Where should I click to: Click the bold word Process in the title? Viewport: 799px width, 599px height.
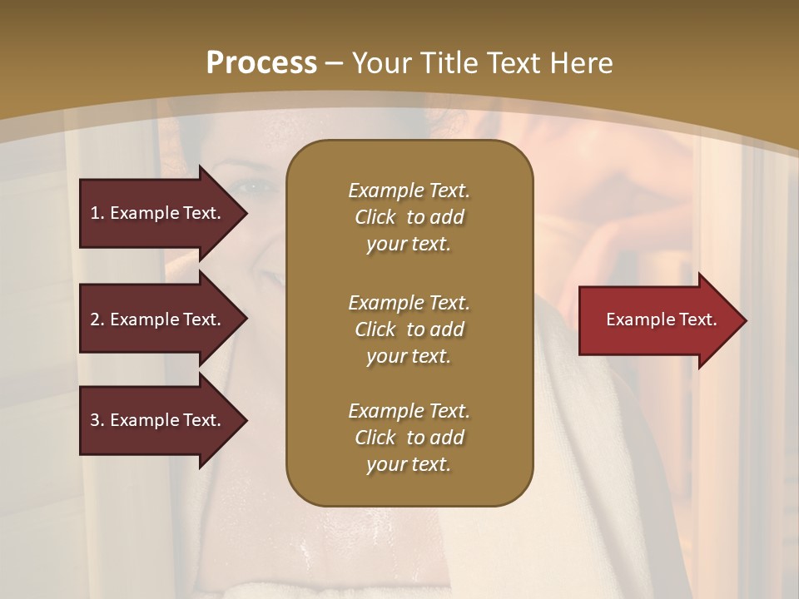pyautogui.click(x=261, y=63)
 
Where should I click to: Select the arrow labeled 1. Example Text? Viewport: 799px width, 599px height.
pyautogui.click(x=158, y=213)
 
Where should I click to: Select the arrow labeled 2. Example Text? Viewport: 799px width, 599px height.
pyautogui.click(x=158, y=319)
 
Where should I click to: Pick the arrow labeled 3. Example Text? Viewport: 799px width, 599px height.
pyautogui.click(x=158, y=420)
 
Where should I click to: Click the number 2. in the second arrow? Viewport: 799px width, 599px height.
pyautogui.click(x=97, y=319)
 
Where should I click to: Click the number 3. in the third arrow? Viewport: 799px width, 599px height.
pyautogui.click(x=97, y=420)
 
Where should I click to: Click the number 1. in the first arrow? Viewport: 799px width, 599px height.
pyautogui.click(x=97, y=213)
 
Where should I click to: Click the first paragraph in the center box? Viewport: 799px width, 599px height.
pyautogui.click(x=409, y=217)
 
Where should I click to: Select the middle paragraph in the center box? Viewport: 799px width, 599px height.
pyautogui.click(x=409, y=329)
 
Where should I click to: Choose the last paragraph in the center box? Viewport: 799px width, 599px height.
pyautogui.click(x=409, y=438)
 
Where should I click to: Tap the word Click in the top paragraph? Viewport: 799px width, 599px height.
pyautogui.click(x=375, y=217)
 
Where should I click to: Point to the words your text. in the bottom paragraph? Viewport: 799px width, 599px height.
pyautogui.click(x=409, y=465)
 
